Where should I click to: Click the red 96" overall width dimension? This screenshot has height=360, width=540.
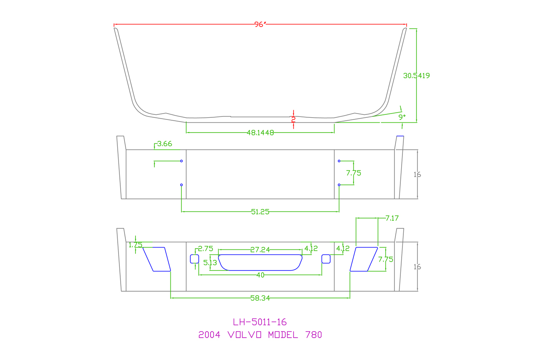tap(260, 24)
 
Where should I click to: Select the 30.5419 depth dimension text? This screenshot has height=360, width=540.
tap(416, 76)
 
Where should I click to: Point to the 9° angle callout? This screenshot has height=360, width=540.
tap(402, 117)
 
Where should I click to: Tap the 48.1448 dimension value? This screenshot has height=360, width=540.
tap(260, 133)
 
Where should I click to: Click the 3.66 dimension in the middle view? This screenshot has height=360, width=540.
tap(165, 144)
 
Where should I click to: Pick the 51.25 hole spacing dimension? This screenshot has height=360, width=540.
tap(260, 212)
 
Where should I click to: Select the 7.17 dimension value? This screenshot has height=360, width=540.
tap(392, 218)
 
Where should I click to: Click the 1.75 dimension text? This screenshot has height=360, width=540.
tap(135, 245)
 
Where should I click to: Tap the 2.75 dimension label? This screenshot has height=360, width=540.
tap(205, 249)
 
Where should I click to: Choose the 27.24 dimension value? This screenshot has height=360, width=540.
tap(260, 249)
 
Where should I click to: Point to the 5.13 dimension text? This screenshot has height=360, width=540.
tap(210, 263)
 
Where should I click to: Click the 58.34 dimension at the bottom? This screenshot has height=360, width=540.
tap(260, 298)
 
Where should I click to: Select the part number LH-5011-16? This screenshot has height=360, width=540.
tap(260, 322)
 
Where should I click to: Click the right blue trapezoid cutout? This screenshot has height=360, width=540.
tap(363, 259)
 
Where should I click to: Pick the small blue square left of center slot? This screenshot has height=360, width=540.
tap(194, 259)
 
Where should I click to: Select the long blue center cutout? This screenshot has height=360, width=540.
tap(260, 262)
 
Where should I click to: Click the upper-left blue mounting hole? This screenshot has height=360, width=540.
tap(181, 161)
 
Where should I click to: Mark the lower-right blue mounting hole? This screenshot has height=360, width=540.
tap(339, 185)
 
